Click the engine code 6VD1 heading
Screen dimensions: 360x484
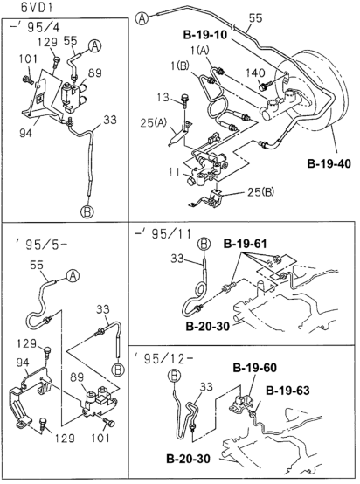click(37, 8)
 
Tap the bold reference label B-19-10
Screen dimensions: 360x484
click(205, 35)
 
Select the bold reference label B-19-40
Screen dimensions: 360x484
click(329, 163)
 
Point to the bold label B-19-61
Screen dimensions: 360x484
click(245, 244)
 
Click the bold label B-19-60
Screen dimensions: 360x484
click(255, 368)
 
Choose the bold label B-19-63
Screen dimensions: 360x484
click(287, 391)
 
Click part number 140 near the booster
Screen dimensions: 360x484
click(255, 73)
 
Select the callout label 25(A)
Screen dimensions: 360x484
click(154, 123)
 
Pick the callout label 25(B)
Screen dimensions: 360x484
click(260, 192)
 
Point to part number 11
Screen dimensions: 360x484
click(175, 171)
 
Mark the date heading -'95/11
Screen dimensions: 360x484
click(163, 233)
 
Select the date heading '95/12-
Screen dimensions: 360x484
click(164, 358)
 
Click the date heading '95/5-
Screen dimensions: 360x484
click(41, 245)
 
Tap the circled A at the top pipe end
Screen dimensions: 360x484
click(142, 18)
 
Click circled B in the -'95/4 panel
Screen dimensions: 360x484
click(87, 211)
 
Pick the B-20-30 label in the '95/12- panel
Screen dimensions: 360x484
click(189, 458)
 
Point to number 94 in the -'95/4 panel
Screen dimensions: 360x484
click(25, 134)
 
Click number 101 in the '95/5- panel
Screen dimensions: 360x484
click(100, 438)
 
